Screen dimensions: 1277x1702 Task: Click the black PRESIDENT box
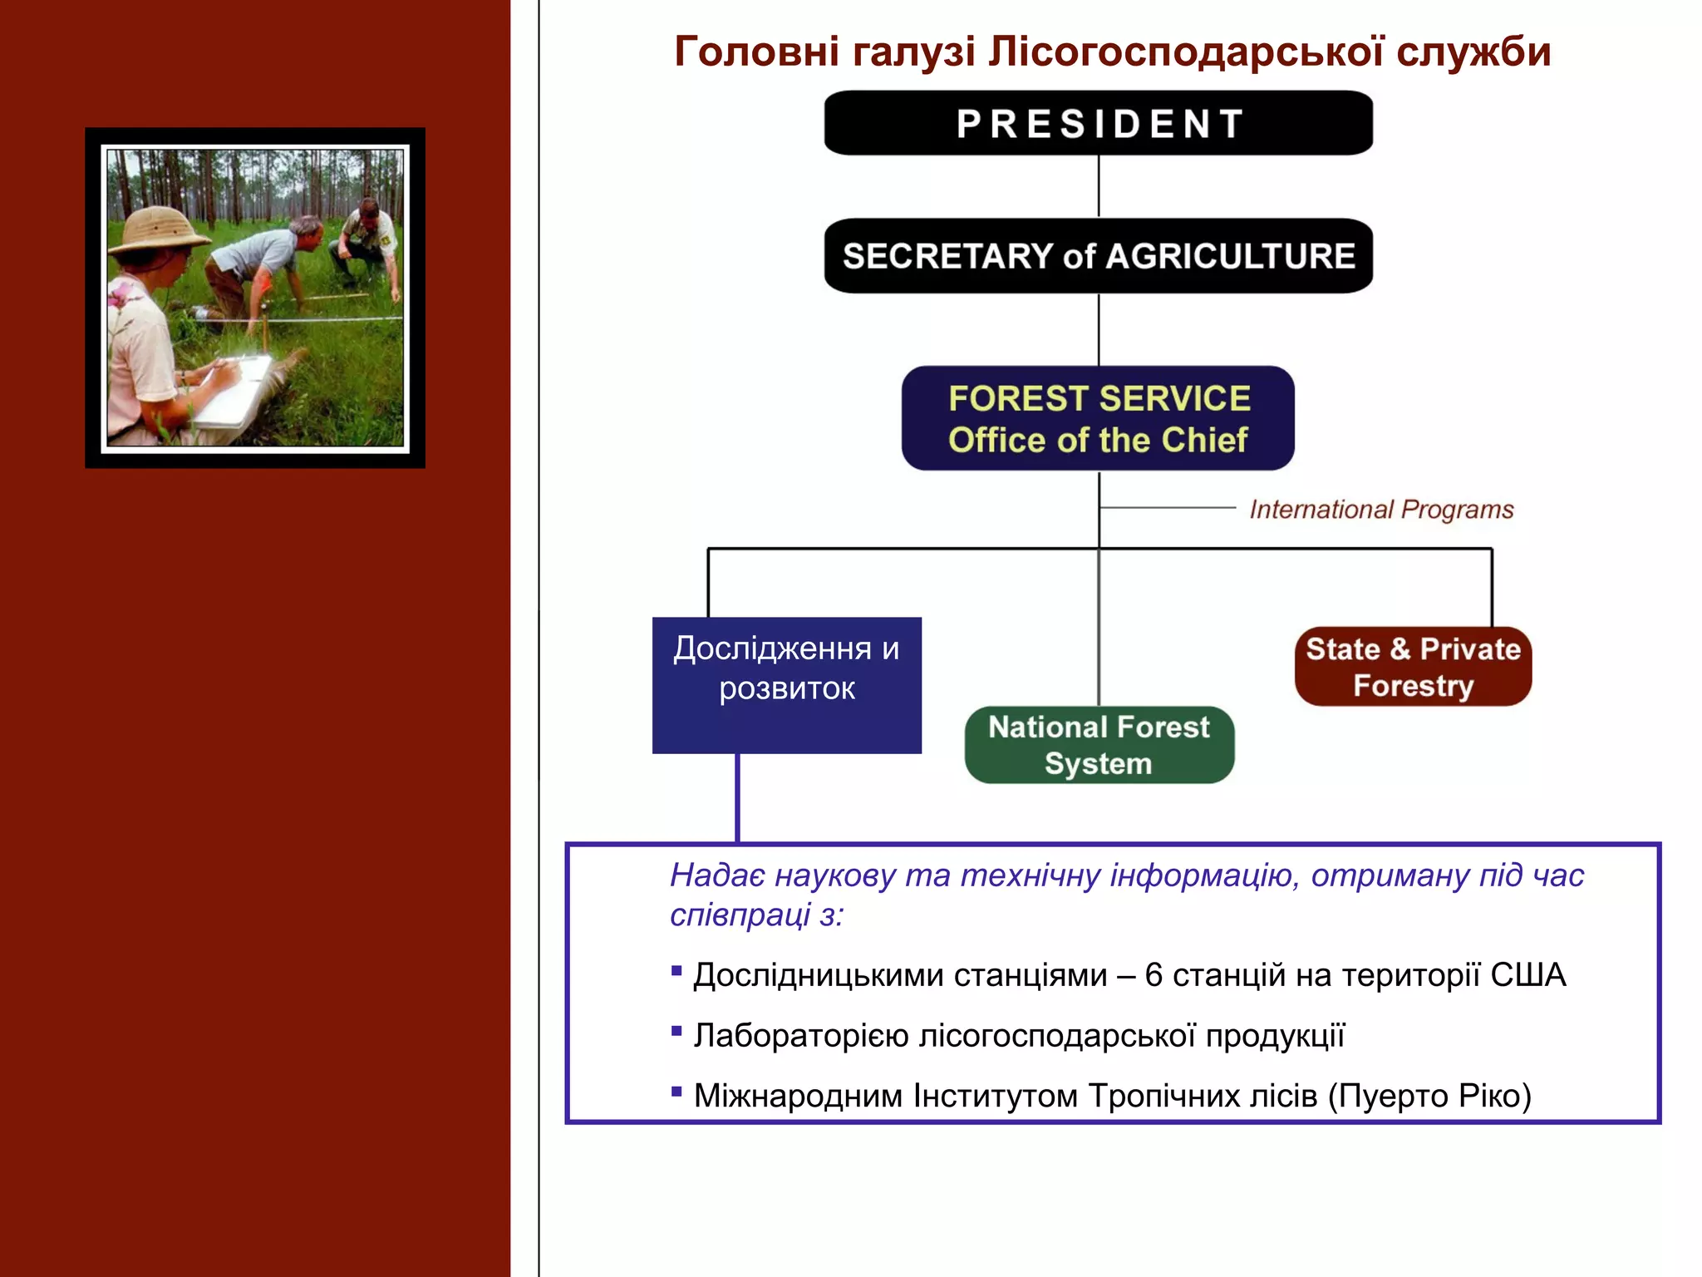tap(1098, 123)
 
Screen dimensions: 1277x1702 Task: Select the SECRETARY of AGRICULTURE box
tap(1098, 255)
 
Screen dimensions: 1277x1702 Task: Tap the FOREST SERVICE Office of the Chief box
tap(1098, 418)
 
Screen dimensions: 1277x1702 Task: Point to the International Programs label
tap(1381, 509)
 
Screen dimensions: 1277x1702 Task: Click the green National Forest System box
tap(1099, 745)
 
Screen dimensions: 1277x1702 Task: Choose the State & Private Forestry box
tap(1413, 667)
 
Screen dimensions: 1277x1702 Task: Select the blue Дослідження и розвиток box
tap(786, 685)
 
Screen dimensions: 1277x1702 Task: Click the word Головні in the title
tap(756, 52)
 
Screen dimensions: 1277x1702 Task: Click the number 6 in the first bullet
tap(1153, 975)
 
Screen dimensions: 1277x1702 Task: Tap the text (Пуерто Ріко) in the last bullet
tap(1429, 1096)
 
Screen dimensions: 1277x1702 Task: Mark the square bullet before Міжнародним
tap(676, 1092)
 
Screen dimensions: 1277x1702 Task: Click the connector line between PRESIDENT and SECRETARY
tap(1099, 186)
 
